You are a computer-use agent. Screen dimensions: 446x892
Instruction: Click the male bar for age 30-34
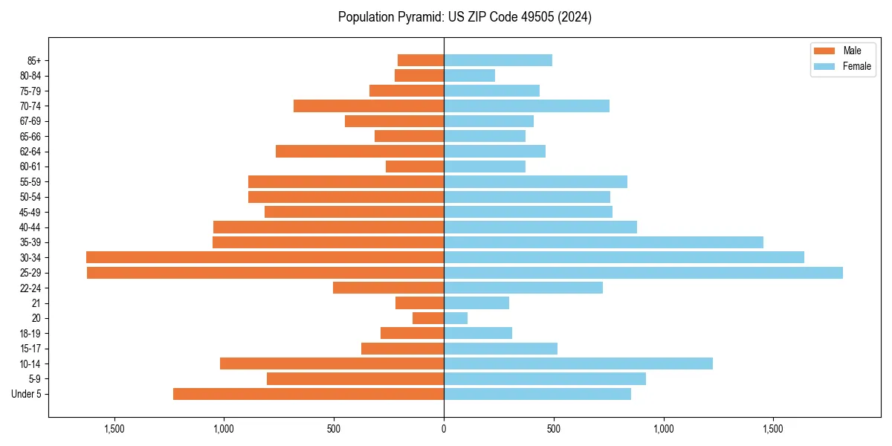265,257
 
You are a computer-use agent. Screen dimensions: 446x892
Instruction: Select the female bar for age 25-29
643,273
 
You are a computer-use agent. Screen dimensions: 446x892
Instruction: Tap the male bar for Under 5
308,394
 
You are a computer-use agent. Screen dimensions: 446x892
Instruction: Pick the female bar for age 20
456,318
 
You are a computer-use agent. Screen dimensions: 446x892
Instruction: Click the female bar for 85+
498,60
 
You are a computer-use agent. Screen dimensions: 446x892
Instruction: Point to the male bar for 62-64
360,151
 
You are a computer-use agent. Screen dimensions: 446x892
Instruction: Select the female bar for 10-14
578,363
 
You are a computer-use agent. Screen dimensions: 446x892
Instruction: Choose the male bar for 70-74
369,106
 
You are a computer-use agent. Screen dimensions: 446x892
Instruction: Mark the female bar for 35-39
604,242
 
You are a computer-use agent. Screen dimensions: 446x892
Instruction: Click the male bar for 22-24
388,288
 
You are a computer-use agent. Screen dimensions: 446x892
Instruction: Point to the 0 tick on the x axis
444,429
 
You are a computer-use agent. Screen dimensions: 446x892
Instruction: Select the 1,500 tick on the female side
773,429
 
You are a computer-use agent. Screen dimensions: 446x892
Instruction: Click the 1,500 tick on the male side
114,429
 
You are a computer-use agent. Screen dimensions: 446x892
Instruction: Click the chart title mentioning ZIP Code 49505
465,17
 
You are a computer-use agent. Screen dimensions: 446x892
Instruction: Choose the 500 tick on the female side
554,429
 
